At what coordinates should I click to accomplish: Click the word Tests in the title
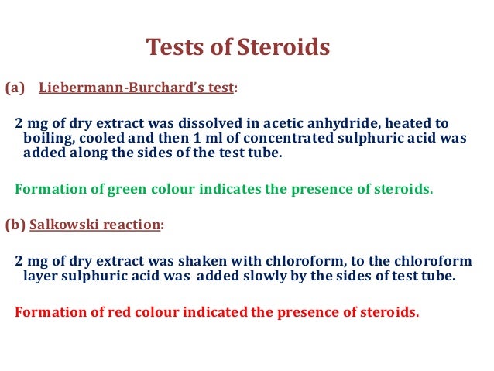[173, 48]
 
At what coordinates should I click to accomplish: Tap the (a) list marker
[15, 88]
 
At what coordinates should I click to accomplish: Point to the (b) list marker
[15, 225]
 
